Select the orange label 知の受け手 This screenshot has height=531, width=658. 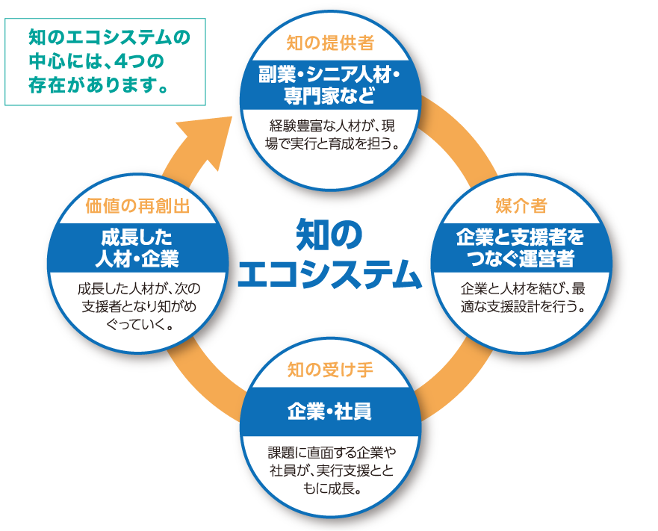click(329, 370)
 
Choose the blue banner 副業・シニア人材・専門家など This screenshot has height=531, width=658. click(329, 85)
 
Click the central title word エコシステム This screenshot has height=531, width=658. click(329, 274)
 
